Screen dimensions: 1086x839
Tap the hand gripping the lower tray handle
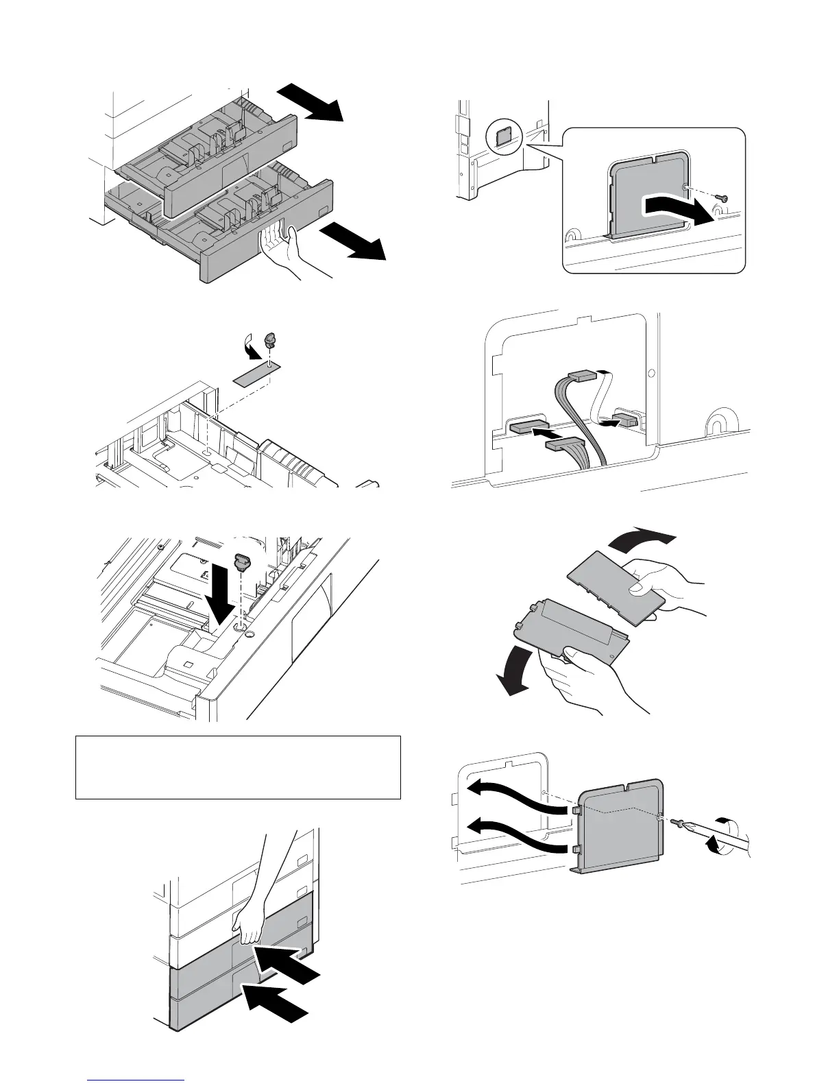tap(283, 250)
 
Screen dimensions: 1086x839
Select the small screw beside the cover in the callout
tap(721, 198)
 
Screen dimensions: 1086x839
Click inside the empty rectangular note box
tap(237, 767)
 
